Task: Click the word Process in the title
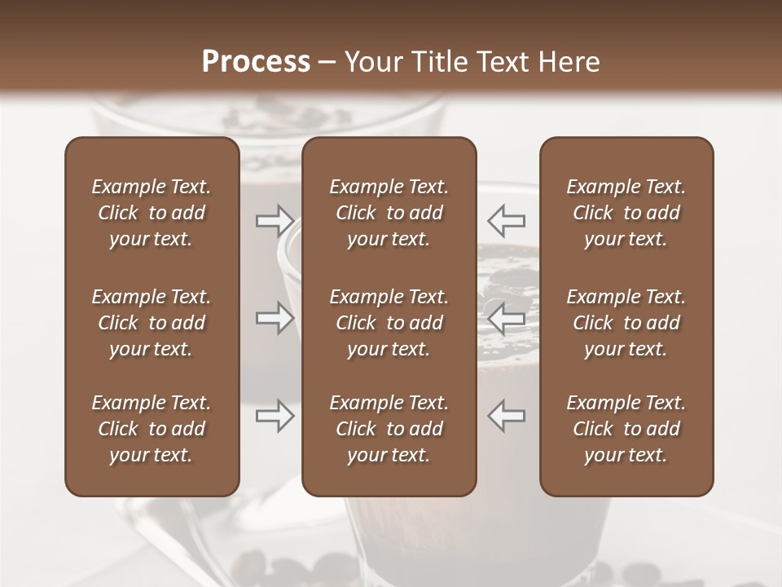pos(256,62)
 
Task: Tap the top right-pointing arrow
pos(275,220)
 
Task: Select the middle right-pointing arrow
pos(275,318)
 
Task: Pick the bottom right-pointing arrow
pos(275,416)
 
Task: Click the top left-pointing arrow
pos(507,220)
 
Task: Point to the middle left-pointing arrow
pos(507,318)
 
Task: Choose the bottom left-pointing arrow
pos(507,416)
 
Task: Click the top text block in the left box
pos(152,213)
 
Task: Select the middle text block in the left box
pos(152,323)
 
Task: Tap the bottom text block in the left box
pos(152,429)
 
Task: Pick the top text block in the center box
pos(389,213)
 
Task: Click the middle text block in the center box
pos(389,323)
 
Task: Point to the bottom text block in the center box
pos(389,429)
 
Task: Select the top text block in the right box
pos(626,213)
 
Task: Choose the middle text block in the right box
pos(626,323)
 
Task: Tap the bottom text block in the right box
pos(626,429)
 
